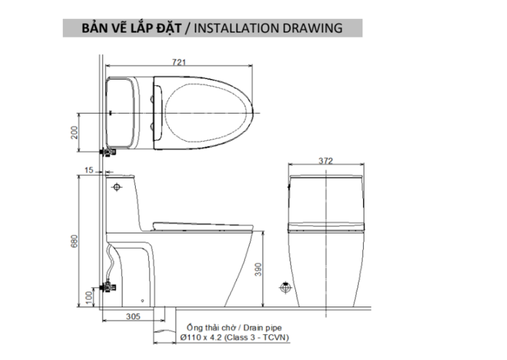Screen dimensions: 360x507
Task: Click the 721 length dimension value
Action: [178, 62]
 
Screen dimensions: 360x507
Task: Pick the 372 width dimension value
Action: [327, 161]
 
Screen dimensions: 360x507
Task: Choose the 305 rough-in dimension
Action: [132, 315]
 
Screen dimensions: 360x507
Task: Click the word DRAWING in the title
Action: [313, 28]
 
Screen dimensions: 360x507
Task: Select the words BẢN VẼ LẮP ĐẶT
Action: [128, 28]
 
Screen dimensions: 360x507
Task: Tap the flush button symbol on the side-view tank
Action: [118, 186]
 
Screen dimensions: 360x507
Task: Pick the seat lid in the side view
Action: [203, 224]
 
